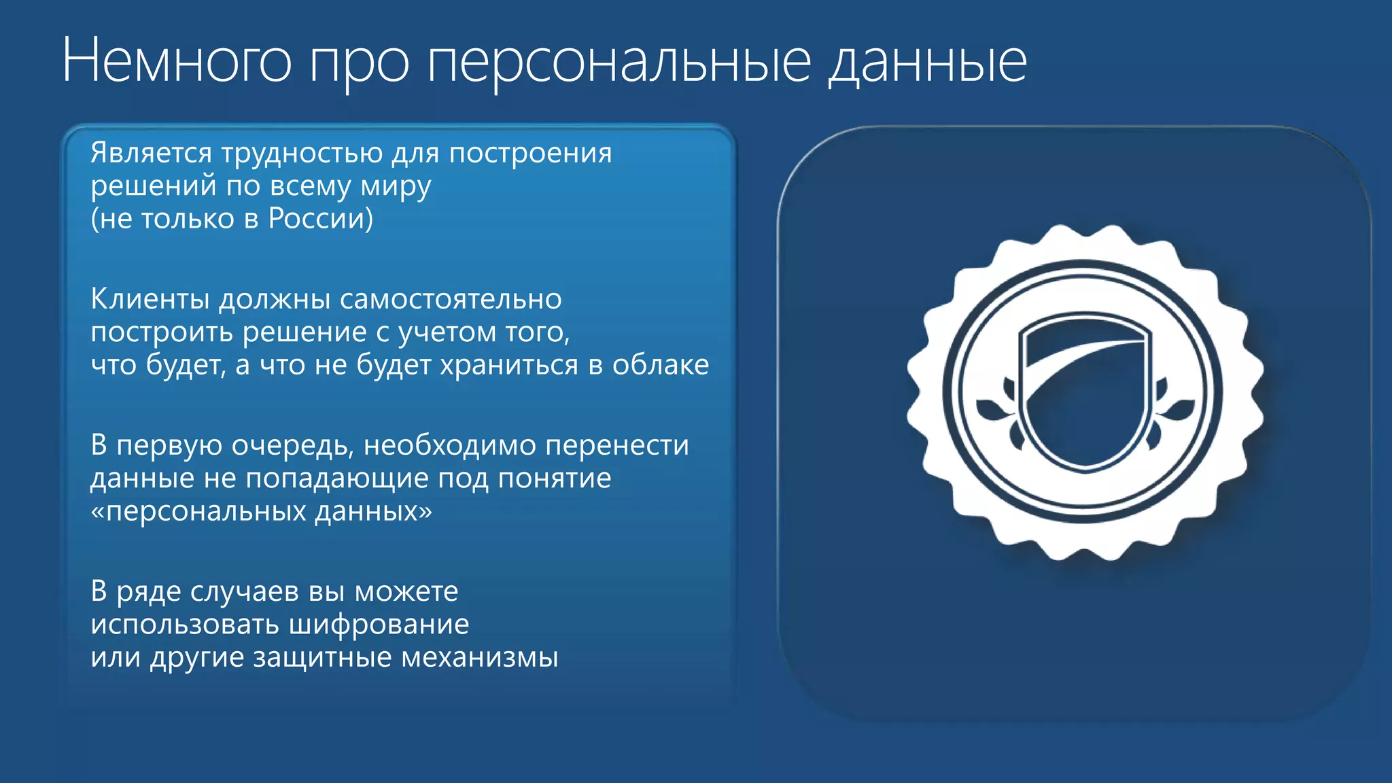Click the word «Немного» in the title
pyautogui.click(x=177, y=62)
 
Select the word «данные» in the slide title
pyautogui.click(x=927, y=62)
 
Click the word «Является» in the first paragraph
pyautogui.click(x=151, y=153)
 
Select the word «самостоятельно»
pyautogui.click(x=451, y=299)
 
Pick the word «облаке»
pyautogui.click(x=660, y=365)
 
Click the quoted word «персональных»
pyautogui.click(x=197, y=511)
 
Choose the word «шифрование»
pyautogui.click(x=379, y=625)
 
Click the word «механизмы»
pyautogui.click(x=480, y=657)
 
